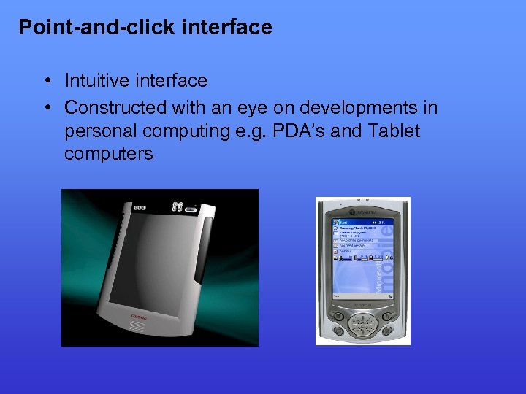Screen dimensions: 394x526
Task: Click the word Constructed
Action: point(115,108)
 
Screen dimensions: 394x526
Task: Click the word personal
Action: point(100,131)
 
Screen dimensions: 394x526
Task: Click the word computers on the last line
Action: point(109,154)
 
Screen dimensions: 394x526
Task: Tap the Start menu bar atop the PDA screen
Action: point(362,221)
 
